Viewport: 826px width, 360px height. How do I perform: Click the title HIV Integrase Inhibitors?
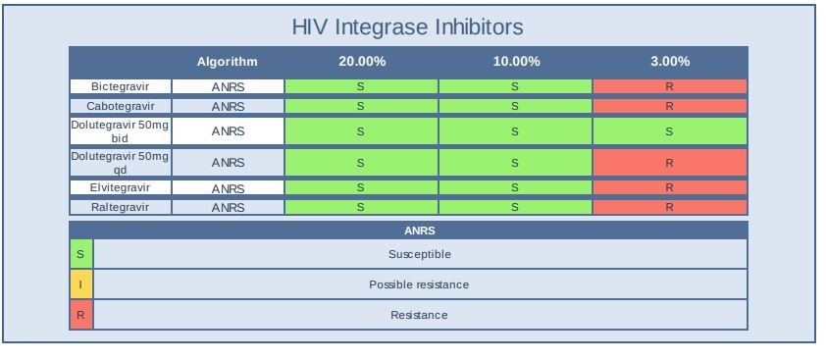coord(407,26)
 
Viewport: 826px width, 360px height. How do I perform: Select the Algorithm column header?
coord(227,61)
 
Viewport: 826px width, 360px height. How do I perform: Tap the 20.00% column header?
coord(361,61)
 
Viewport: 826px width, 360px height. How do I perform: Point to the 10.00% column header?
coord(516,61)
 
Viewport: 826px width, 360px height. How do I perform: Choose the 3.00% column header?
coord(669,61)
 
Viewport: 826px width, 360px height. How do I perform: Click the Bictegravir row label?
coord(120,86)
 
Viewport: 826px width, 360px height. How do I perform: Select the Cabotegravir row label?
coord(120,106)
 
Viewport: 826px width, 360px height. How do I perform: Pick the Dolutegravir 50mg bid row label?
coord(120,131)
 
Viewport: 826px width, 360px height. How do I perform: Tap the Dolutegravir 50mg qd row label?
coord(120,162)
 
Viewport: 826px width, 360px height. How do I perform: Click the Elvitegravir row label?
coord(120,187)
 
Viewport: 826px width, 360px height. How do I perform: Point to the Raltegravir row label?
coord(120,207)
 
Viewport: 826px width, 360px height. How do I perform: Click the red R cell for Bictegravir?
coord(669,86)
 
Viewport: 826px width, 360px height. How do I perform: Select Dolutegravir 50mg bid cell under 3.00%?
coord(669,131)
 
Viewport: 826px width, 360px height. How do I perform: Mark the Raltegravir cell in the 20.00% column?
coord(361,207)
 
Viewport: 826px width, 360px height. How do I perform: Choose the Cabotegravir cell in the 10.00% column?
coord(516,106)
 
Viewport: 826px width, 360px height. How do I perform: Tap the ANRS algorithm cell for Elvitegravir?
coord(227,187)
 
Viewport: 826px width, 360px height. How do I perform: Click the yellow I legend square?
coord(80,284)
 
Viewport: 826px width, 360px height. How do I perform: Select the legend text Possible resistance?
coord(419,284)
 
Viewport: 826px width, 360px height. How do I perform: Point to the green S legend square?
coord(80,254)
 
